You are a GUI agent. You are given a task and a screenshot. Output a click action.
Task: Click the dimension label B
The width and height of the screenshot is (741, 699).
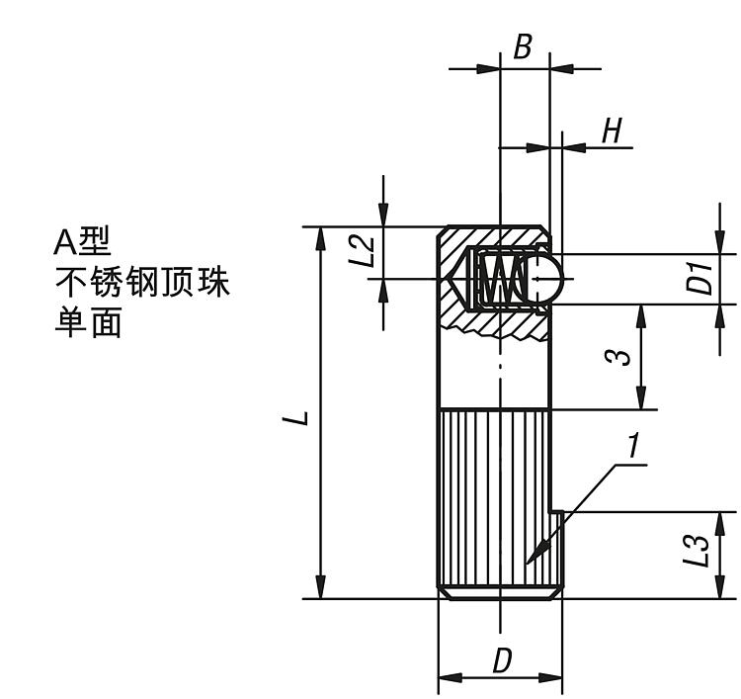524,46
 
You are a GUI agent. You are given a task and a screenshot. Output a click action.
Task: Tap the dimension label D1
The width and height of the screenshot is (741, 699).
700,279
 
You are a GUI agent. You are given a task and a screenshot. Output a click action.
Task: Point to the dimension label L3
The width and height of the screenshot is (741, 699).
699,551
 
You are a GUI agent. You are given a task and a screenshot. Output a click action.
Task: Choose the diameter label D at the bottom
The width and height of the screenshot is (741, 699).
502,660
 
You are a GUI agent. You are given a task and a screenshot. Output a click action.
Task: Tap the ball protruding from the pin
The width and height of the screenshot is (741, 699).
548,278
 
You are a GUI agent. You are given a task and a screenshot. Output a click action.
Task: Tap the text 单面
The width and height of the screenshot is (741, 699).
88,325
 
